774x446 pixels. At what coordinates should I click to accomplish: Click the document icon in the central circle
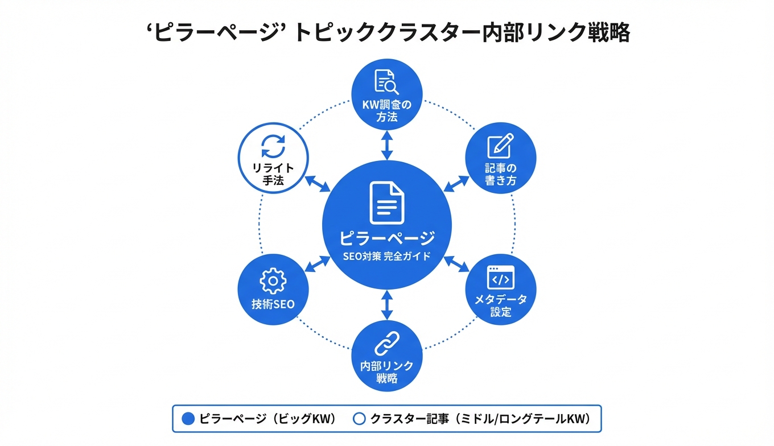click(x=387, y=203)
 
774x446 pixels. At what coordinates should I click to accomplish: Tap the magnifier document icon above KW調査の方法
click(x=386, y=82)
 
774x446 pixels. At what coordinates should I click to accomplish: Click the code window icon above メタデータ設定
click(x=501, y=277)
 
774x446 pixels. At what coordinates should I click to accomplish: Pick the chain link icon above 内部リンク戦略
click(x=387, y=344)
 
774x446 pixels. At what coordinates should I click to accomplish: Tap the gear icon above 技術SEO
click(x=273, y=280)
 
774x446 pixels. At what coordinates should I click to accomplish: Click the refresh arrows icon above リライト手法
click(x=273, y=147)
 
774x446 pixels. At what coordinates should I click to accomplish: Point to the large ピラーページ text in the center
click(x=387, y=238)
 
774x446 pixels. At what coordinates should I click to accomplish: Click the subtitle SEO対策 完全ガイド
click(x=387, y=257)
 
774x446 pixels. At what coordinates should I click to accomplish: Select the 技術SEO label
click(x=273, y=304)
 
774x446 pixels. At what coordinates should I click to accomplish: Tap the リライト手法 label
click(x=273, y=175)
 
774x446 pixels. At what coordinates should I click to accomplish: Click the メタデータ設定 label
click(x=501, y=305)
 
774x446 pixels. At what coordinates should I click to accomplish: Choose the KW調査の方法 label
click(x=387, y=111)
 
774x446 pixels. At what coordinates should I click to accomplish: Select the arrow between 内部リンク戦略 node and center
click(x=387, y=305)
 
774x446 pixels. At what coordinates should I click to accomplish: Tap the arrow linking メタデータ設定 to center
click(x=456, y=263)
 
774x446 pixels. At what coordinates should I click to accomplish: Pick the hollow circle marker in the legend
click(x=359, y=419)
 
